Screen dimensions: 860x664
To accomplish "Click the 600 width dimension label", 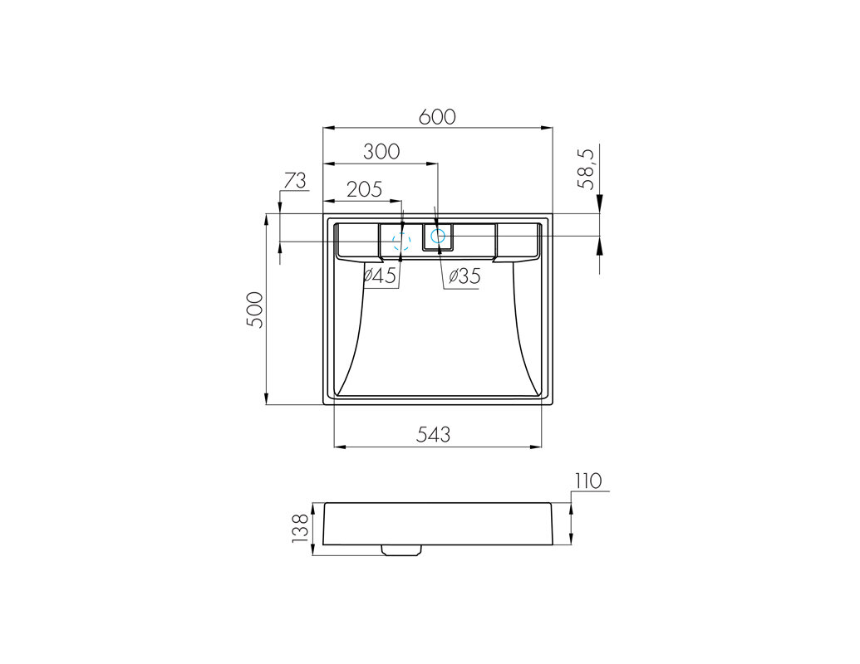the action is pyautogui.click(x=437, y=117).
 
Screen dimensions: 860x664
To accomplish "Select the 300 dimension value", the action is pyautogui.click(x=381, y=152).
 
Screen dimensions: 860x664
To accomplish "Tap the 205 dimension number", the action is pyautogui.click(x=364, y=189).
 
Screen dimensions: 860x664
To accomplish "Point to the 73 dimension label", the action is pyautogui.click(x=295, y=180).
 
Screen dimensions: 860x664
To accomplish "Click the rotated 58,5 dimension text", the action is pyautogui.click(x=587, y=169).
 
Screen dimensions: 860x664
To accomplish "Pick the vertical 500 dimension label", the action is pyautogui.click(x=255, y=310).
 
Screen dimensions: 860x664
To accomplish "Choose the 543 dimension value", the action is pyautogui.click(x=433, y=434).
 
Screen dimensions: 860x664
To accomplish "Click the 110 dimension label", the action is pyautogui.click(x=588, y=481).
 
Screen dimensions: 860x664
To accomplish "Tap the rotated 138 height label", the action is pyautogui.click(x=301, y=528).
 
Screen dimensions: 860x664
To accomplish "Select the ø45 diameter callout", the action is pyautogui.click(x=379, y=276).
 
